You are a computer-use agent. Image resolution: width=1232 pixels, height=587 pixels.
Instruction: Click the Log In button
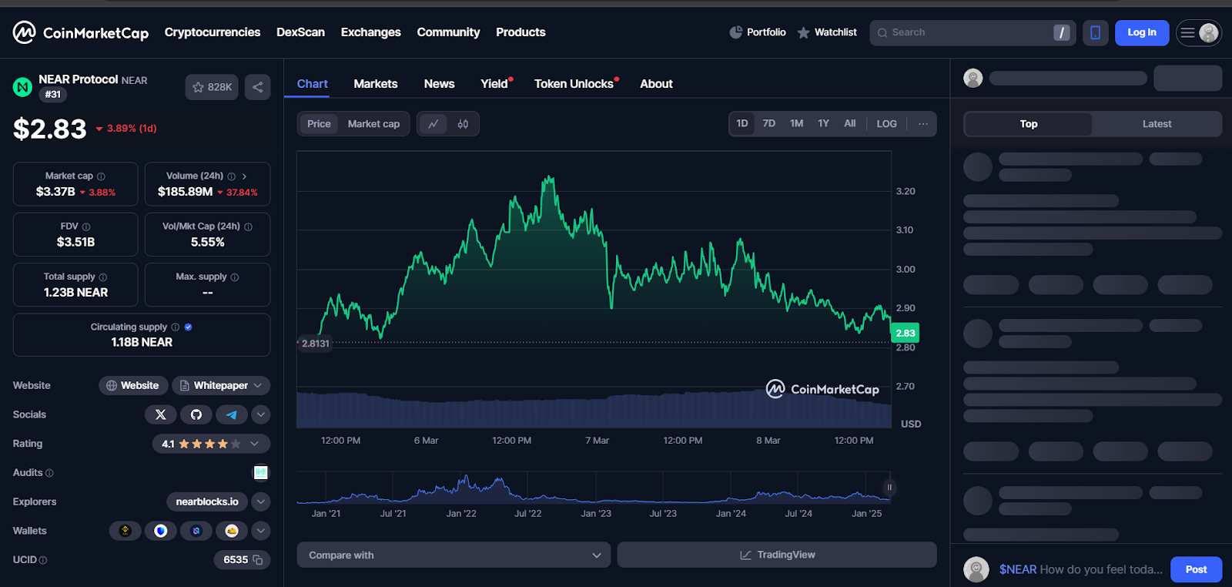tap(1141, 32)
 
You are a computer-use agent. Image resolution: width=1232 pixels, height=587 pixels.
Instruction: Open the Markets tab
tap(376, 84)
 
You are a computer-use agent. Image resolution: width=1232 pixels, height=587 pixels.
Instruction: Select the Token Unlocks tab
tap(574, 84)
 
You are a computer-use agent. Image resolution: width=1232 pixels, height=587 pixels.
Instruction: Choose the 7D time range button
tap(768, 123)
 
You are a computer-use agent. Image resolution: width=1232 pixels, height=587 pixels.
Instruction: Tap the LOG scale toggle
tap(886, 123)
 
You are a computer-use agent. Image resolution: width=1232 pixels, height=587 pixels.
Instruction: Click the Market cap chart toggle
tap(373, 124)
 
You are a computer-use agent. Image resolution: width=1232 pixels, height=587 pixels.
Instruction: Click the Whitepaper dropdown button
tap(221, 385)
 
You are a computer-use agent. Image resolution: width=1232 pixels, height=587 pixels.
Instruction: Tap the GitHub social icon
tap(196, 414)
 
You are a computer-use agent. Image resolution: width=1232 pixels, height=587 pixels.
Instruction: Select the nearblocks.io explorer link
tap(207, 501)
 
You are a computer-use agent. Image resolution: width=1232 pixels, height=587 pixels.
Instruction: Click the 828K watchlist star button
tap(212, 87)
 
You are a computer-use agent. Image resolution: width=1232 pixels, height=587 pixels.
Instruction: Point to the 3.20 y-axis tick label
tap(906, 191)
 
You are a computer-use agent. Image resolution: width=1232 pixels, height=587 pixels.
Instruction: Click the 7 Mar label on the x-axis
tap(597, 441)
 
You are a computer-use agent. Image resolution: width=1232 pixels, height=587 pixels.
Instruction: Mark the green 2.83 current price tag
tap(905, 333)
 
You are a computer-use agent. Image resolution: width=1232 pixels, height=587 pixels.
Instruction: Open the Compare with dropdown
tap(454, 555)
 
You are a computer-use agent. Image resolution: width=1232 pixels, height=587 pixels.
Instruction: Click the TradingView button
tap(777, 555)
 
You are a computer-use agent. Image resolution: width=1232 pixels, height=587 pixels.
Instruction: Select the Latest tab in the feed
tap(1157, 124)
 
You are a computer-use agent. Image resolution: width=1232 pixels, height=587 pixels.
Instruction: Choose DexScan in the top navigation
tap(300, 32)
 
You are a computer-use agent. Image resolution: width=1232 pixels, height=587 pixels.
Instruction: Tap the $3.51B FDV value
tap(75, 242)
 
